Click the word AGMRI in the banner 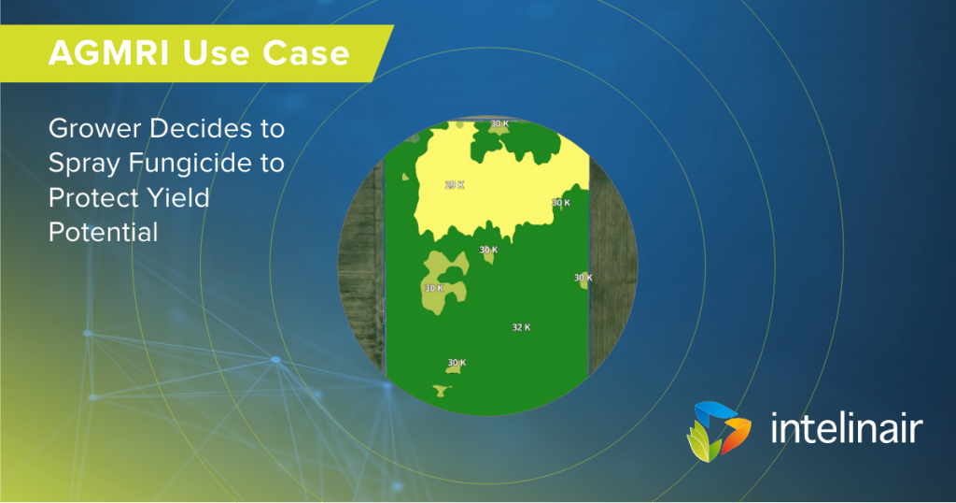pos(108,53)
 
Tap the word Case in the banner pos(306,53)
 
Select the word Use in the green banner pos(216,53)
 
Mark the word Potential pos(104,233)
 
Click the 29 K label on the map pos(455,185)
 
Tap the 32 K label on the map pos(521,327)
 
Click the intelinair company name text pos(846,428)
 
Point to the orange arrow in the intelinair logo pos(736,433)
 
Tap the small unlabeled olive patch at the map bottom pos(441,390)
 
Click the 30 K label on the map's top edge pos(500,124)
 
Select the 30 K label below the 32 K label pos(457,363)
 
